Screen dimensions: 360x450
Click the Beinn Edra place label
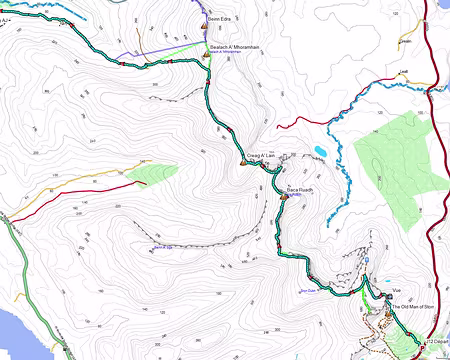[x=219, y=18]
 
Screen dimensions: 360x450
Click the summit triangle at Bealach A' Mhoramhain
[x=205, y=56]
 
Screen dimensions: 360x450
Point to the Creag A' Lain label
[x=260, y=156]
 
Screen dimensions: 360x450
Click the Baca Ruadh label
[x=301, y=188]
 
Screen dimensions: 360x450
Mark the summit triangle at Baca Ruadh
[x=285, y=197]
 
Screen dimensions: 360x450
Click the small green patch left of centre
[x=146, y=173]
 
